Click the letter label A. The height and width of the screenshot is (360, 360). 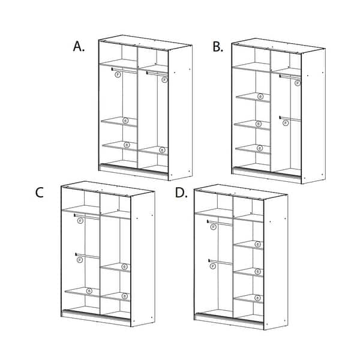coord(79,46)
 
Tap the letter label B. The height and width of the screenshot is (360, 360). coord(217,47)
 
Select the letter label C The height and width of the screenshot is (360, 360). coord(40,192)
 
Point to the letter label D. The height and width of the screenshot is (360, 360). coord(180,193)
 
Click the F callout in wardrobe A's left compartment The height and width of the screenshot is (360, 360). coord(118,75)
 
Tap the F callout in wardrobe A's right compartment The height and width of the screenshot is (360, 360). coord(164,79)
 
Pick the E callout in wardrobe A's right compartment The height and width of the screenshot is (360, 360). coord(162,149)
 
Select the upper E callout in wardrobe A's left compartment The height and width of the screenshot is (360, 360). coord(125,121)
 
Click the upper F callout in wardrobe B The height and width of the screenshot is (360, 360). coord(298,83)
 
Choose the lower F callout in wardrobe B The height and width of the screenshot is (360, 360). coord(286,123)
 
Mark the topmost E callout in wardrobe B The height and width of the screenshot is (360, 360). coord(260,96)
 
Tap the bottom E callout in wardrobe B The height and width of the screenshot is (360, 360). coord(259,148)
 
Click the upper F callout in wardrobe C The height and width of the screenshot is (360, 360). coord(80,221)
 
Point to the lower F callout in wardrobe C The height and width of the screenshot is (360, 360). coord(79,260)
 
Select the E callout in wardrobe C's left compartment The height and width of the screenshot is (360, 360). coord(89,291)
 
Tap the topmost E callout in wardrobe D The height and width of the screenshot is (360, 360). coord(257,244)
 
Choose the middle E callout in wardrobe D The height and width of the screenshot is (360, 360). coord(258,271)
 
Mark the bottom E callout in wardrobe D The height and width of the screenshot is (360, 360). coord(258,298)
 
